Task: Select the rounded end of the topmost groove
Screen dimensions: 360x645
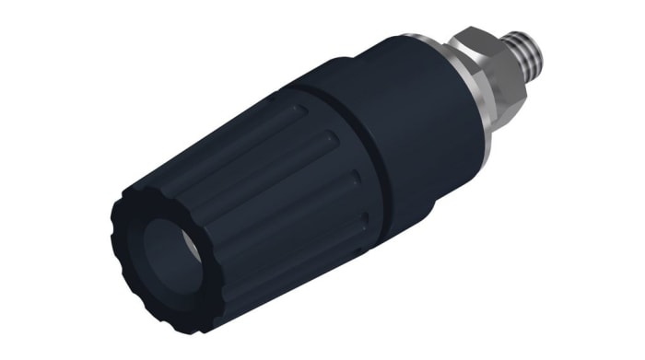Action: pyautogui.click(x=298, y=109)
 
